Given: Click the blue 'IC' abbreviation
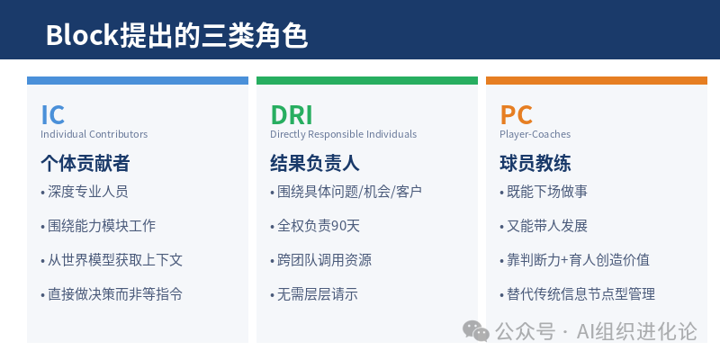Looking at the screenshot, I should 53,115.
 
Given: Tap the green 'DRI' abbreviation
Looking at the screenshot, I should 292,115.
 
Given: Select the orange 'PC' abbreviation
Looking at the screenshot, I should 517,115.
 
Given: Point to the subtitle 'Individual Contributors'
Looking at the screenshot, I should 94,135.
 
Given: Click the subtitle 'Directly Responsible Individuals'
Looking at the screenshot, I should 343,135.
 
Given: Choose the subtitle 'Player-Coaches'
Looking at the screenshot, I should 535,135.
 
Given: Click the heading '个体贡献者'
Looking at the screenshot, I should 85,164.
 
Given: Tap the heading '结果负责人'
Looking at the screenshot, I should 315,164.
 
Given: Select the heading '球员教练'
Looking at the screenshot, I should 535,164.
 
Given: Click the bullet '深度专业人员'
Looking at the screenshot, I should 87,192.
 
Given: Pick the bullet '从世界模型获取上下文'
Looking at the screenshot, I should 114,260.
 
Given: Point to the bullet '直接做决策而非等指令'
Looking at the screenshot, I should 114,294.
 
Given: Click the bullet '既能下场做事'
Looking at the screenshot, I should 545,192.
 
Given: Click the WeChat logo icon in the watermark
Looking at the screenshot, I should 476,331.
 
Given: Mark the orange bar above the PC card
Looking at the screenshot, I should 597,81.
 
